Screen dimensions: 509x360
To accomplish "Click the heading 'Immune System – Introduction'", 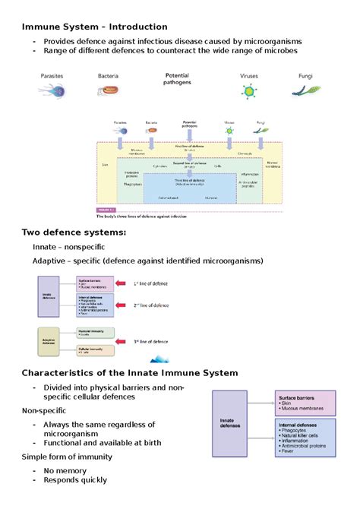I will [x=94, y=27].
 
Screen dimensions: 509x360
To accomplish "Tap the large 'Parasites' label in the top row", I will [x=52, y=76].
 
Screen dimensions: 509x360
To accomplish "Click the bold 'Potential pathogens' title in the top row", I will [x=178, y=79].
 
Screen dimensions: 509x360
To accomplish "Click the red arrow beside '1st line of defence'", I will [x=124, y=284].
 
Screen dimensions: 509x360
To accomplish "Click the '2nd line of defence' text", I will [x=152, y=305].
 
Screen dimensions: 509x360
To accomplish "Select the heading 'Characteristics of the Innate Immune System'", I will [x=130, y=372].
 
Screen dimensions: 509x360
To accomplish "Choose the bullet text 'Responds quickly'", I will [x=75, y=480].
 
